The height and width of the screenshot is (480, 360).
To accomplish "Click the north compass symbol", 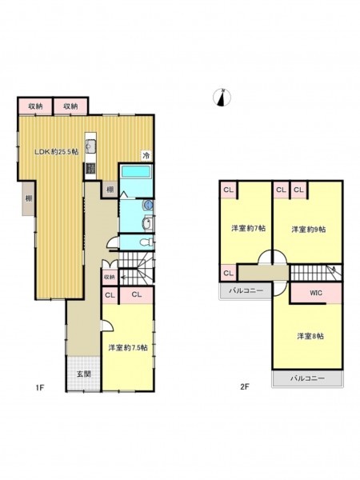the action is pos(222,98).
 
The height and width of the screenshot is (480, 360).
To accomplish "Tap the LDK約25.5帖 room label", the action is pos(56,151).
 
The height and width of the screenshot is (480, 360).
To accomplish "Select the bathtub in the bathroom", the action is pos(136,171).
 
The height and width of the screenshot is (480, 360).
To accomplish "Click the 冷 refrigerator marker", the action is pos(146,155).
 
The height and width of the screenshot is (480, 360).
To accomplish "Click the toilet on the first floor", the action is pos(146,242).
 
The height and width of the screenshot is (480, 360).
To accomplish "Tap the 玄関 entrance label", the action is pos(83,374).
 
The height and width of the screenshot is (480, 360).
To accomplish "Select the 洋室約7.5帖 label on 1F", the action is pos(128,348).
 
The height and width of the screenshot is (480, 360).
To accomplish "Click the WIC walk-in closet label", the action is pos(316,293).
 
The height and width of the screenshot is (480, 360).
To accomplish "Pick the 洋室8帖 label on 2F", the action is pos(310,336).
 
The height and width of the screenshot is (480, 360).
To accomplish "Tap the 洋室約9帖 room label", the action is pos(309,230).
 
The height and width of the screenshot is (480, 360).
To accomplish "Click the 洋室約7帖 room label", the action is pos(248,228).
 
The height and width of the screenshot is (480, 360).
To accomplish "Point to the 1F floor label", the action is pos(40,387).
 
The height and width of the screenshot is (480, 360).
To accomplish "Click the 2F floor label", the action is pos(245,386).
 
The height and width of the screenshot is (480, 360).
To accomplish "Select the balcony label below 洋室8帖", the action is pos(307,378).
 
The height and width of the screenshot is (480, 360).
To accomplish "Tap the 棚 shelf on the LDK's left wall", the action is pos(29,198).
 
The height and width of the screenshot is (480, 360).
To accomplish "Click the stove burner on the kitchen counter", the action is pos(90,168).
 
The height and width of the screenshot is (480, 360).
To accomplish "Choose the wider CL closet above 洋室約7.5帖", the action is pos(137,295).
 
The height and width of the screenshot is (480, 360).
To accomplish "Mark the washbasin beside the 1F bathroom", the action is pos(147,224).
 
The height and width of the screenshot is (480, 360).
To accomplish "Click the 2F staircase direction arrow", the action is pos(334,271).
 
